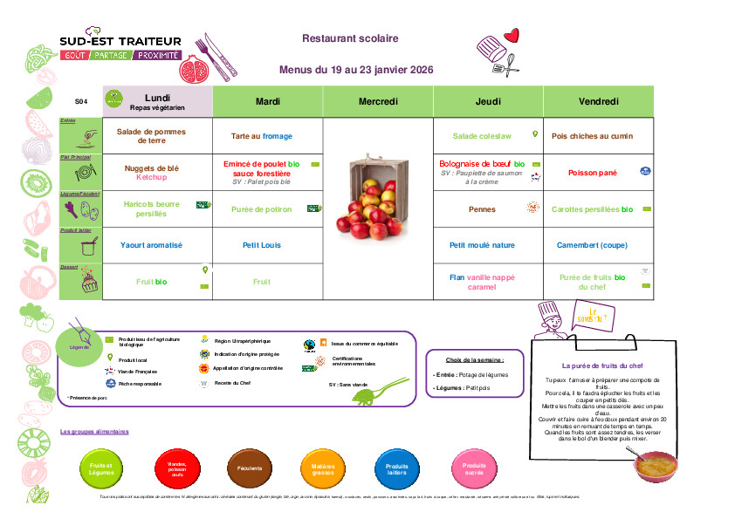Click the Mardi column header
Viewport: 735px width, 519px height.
(x=268, y=102)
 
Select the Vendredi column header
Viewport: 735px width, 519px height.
(x=598, y=102)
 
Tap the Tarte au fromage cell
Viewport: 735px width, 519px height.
(x=262, y=136)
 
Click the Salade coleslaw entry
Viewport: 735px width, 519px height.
(x=483, y=136)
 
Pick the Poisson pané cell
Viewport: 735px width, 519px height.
(x=593, y=173)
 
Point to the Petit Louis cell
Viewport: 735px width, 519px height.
(x=262, y=245)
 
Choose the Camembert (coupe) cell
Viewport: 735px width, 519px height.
(x=592, y=245)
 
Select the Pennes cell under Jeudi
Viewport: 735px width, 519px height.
(x=482, y=209)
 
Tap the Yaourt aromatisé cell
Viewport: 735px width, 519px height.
(x=152, y=245)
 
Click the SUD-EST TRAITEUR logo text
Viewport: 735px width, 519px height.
(x=120, y=41)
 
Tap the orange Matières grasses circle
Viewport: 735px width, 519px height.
(x=323, y=468)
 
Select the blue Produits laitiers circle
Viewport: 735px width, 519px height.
(x=397, y=468)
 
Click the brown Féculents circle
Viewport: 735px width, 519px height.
(x=250, y=468)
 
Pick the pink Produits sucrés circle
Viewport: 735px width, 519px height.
(x=474, y=468)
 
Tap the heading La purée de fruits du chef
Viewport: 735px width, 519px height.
(x=602, y=366)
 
